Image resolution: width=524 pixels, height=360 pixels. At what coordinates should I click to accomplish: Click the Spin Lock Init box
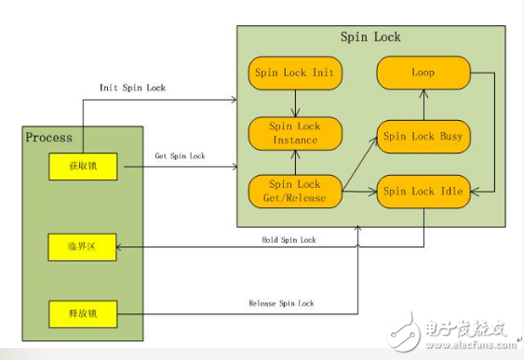pos(294,72)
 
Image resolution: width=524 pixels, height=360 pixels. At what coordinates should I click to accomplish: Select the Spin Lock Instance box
pos(294,131)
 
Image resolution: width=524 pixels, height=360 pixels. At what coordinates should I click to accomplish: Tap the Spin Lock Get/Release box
pos(294,191)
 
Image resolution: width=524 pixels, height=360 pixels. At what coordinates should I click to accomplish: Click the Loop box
pos(423,72)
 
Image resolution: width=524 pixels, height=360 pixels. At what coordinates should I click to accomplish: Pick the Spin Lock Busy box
pos(423,136)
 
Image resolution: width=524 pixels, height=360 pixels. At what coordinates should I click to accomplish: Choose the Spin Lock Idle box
pos(423,191)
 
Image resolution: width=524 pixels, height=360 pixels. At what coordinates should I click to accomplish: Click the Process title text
pos(49,137)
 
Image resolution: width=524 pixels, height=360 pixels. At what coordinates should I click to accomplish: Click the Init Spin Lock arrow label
pos(132,87)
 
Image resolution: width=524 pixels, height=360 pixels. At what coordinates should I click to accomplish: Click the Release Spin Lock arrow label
pos(281,303)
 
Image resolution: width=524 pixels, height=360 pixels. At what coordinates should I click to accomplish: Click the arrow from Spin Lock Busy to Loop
pos(423,104)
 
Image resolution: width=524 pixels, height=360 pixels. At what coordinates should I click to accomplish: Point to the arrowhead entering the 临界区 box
pos(119,247)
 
